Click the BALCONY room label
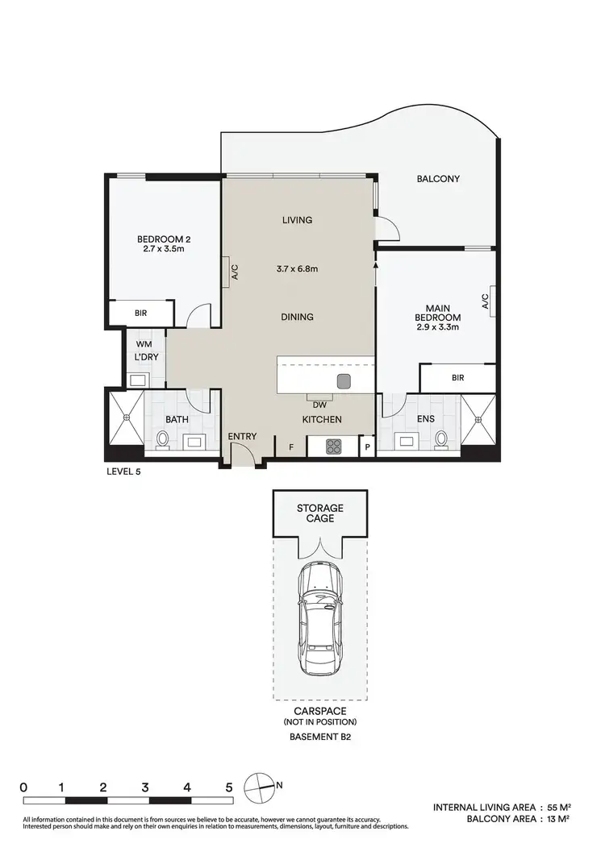[x=438, y=179]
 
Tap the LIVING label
[x=297, y=220]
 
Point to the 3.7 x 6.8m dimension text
[x=297, y=268]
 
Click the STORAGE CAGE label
[x=320, y=513]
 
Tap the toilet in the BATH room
[x=163, y=439]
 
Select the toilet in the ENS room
[x=441, y=439]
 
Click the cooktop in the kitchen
[x=335, y=445]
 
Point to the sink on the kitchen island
[x=344, y=380]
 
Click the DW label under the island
[x=320, y=405]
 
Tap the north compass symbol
[x=261, y=784]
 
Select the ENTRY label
[x=242, y=437]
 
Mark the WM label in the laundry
[x=144, y=344]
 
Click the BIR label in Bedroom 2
[x=141, y=313]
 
